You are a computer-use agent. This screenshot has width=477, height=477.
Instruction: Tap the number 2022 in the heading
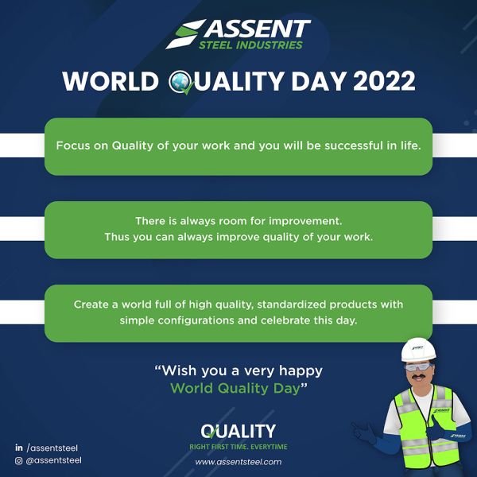tap(384, 81)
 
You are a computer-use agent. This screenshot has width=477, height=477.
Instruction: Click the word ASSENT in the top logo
tap(258, 29)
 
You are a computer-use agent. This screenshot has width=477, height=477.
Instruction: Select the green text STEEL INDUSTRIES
tap(250, 45)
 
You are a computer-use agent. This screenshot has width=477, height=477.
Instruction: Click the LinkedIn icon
tap(19, 448)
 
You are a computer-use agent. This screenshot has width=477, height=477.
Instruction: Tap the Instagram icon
tap(19, 460)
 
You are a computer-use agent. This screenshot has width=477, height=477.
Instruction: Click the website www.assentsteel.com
tap(238, 462)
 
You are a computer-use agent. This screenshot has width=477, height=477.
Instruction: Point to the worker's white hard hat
tap(418, 350)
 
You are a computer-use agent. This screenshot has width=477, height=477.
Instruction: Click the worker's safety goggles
tap(418, 366)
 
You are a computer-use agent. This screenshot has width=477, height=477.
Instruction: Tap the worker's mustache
tap(419, 377)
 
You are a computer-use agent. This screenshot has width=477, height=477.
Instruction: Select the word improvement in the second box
tap(305, 221)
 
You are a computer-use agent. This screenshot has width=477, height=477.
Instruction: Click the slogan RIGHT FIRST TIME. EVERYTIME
tap(238, 447)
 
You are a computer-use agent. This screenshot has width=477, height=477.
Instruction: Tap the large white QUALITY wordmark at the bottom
tap(238, 431)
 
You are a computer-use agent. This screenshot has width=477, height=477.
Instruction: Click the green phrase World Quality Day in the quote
tap(235, 388)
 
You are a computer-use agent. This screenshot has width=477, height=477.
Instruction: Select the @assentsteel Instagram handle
tap(54, 460)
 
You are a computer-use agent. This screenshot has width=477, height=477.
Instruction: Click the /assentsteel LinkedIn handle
tap(52, 448)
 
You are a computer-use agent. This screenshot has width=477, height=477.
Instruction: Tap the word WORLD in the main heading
tap(111, 81)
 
